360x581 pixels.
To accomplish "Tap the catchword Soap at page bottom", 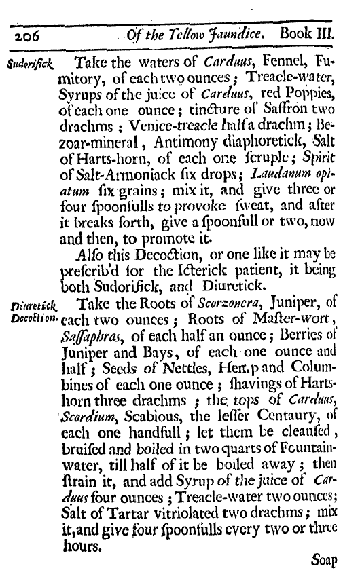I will click(324, 561).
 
